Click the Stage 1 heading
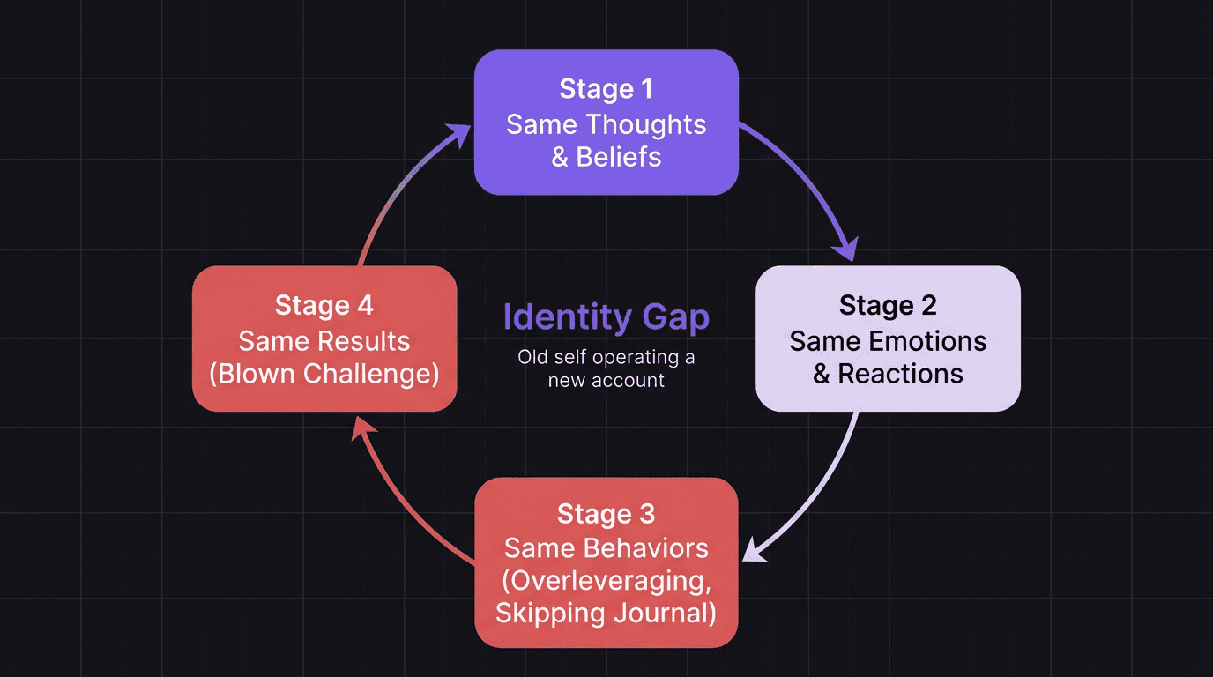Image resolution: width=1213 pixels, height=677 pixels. point(606,89)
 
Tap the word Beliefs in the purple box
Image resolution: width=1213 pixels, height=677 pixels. point(619,157)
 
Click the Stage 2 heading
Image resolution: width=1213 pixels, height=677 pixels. point(888,305)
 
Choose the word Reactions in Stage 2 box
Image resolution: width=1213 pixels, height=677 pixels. point(900,374)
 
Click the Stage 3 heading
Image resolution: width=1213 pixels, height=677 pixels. point(606,514)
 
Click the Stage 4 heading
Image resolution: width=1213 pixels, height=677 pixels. point(324,305)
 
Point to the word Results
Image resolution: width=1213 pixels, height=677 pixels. point(364,341)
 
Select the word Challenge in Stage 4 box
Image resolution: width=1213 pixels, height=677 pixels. point(370,374)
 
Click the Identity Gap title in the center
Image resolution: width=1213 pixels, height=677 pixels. point(606,317)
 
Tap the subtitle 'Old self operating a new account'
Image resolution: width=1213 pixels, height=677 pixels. point(606,368)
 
